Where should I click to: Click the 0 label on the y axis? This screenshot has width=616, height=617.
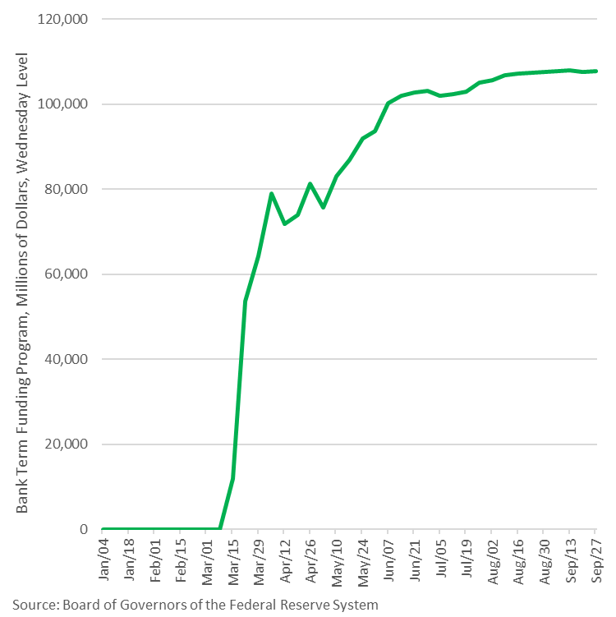pyautogui.click(x=84, y=529)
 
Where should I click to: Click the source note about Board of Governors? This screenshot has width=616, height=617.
pyautogui.click(x=195, y=605)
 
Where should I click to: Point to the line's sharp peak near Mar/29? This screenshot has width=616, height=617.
pyautogui.click(x=271, y=194)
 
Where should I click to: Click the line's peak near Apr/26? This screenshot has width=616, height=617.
pyautogui.click(x=310, y=183)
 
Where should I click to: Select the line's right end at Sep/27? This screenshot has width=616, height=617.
pyautogui.click(x=595, y=71)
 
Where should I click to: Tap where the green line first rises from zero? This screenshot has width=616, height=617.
pyautogui.click(x=219, y=528)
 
